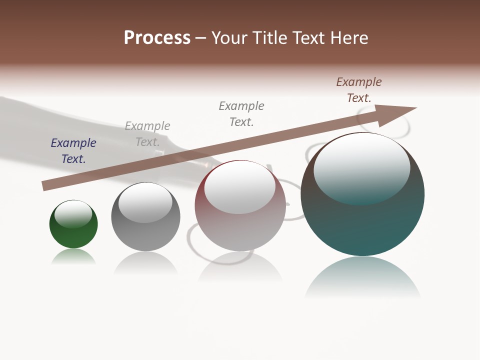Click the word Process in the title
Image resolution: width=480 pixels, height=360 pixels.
(x=157, y=38)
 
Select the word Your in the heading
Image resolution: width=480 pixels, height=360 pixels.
(x=230, y=38)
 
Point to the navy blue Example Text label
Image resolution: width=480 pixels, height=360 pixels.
(x=73, y=151)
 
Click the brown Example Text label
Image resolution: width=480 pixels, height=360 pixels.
(x=359, y=90)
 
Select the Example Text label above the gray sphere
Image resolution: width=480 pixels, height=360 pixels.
(x=147, y=134)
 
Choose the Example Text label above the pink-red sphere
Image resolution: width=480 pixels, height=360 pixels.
(x=241, y=113)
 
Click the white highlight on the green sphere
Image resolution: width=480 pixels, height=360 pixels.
(x=73, y=214)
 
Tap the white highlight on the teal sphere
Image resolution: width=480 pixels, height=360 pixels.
(x=362, y=167)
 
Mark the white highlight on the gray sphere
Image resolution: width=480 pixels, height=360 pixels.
(x=145, y=202)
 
